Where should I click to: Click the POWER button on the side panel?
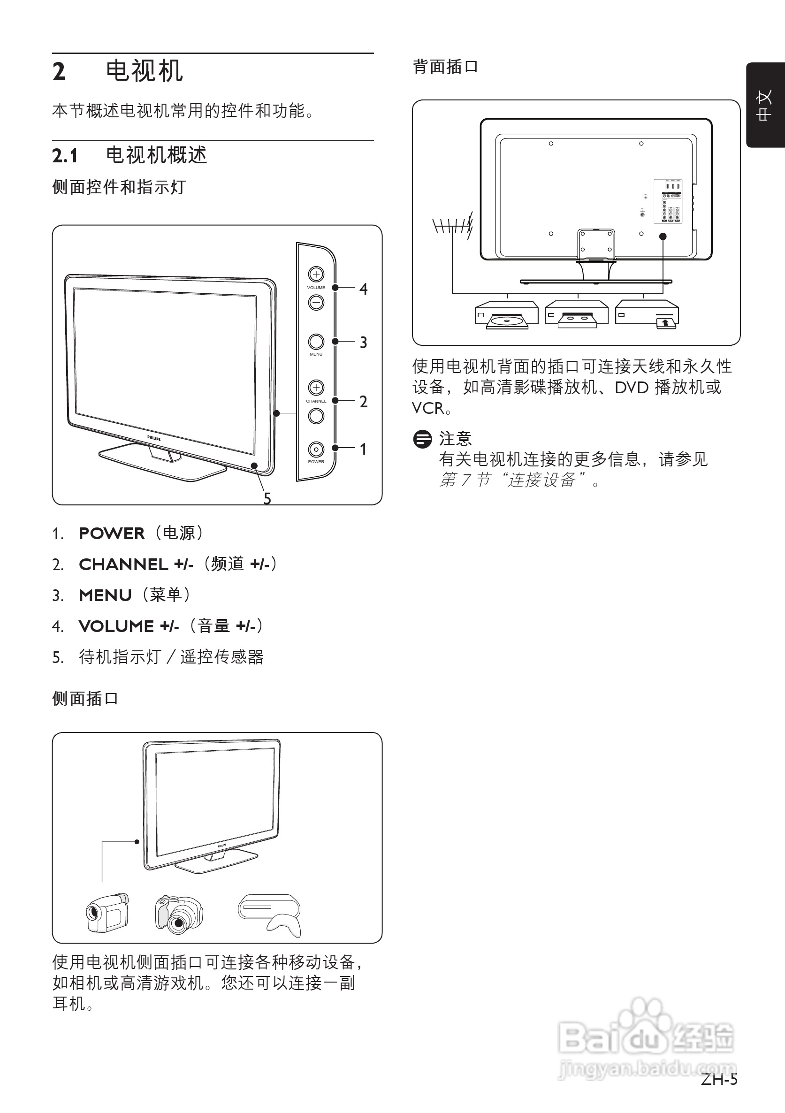click(x=316, y=450)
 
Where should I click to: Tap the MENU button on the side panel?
click(x=316, y=342)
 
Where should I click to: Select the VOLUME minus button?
click(x=316, y=303)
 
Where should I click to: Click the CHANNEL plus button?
click(x=316, y=387)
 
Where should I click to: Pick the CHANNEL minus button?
click(x=316, y=416)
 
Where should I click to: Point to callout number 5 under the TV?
click(x=267, y=498)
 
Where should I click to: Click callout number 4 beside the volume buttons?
click(x=363, y=289)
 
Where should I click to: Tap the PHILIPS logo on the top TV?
click(x=154, y=438)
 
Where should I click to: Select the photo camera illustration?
click(x=178, y=915)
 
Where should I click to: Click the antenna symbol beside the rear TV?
click(x=452, y=225)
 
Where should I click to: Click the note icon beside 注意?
click(x=422, y=439)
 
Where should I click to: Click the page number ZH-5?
click(x=718, y=1079)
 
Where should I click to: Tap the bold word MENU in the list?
click(x=105, y=595)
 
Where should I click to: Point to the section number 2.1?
click(x=65, y=156)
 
